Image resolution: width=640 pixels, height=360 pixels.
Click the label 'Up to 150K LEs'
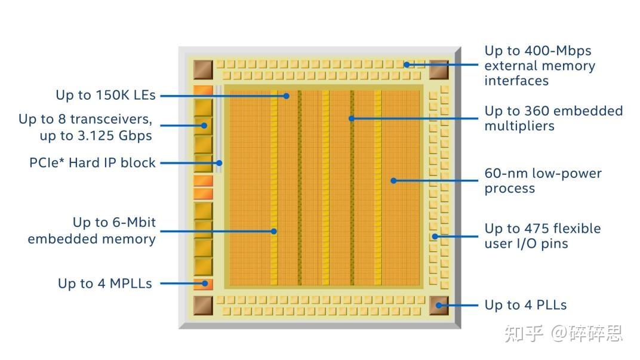click(105, 95)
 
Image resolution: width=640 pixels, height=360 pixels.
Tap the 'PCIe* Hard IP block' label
click(93, 162)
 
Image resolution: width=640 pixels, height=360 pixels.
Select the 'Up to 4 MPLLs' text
click(104, 283)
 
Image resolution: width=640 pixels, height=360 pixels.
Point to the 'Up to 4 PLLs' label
click(525, 304)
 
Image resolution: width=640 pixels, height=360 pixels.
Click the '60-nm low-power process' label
click(543, 181)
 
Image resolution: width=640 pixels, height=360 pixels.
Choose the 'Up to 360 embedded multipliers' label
click(553, 118)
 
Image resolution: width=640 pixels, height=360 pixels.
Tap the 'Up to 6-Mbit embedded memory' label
click(92, 230)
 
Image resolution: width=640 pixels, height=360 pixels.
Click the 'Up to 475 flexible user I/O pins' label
click(542, 236)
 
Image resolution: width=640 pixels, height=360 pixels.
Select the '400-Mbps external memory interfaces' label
click(540, 66)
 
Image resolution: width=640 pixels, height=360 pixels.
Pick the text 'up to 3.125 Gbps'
click(96, 136)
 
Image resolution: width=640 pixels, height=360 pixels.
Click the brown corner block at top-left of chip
click(203, 69)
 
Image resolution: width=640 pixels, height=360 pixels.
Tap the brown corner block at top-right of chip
click(439, 69)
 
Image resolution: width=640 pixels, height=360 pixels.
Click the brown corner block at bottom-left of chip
click(203, 305)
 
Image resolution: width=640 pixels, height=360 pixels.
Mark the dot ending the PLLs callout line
click(439, 305)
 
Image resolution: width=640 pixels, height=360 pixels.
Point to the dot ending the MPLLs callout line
click(205, 284)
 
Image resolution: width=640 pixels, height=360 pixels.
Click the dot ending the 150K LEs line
click(287, 96)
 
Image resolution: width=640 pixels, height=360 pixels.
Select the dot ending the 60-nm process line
click(393, 180)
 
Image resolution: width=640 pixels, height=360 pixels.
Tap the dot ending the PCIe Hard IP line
click(220, 162)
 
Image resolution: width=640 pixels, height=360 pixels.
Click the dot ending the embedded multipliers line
click(352, 118)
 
